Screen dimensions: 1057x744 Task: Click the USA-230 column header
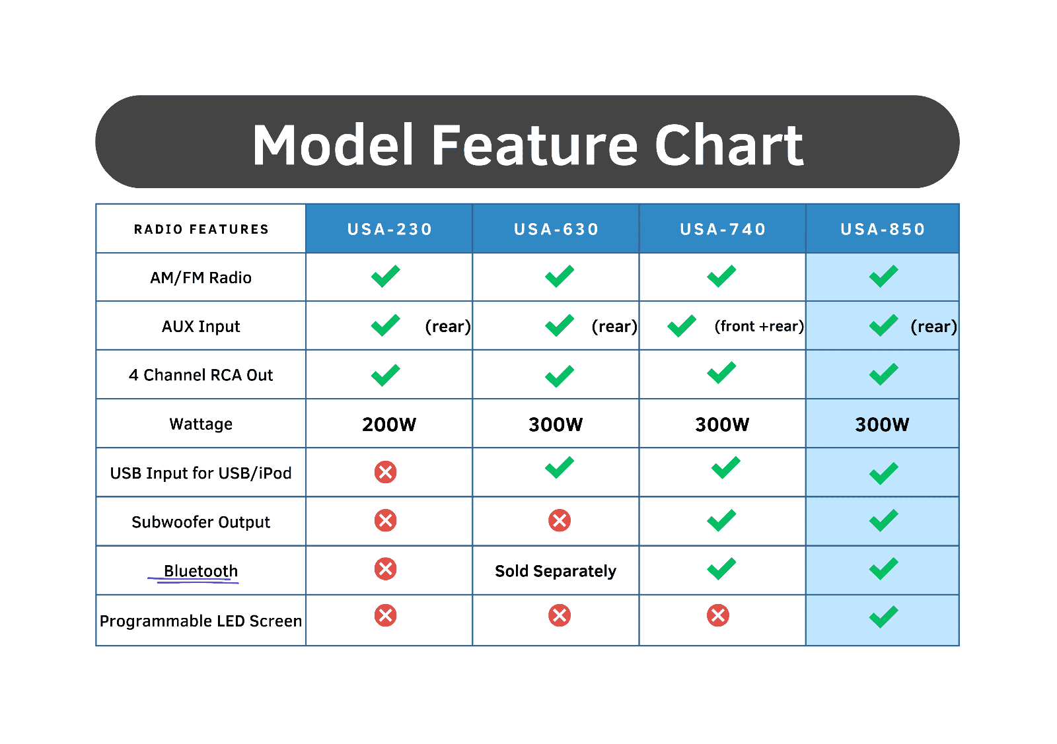tap(389, 229)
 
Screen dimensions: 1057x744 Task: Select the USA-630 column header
tap(556, 229)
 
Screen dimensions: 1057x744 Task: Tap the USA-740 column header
tap(723, 229)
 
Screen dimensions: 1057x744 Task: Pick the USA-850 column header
tap(883, 229)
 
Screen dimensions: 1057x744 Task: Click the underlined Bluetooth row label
tap(201, 571)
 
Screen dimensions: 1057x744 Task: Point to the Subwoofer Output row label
tap(201, 522)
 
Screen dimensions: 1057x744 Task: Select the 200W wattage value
tap(389, 424)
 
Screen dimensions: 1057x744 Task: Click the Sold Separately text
tap(556, 571)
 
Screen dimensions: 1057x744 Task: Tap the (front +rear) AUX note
tap(759, 326)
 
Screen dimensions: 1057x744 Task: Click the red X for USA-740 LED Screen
tap(717, 615)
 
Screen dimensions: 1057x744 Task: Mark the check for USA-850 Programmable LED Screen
tap(883, 617)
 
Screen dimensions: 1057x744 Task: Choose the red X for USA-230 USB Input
tap(386, 472)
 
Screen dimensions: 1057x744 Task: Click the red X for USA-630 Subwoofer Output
tap(559, 520)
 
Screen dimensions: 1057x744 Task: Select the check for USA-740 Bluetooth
tap(721, 568)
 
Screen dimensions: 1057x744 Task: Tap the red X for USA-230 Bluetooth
tap(386, 568)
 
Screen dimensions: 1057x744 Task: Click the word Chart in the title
tap(729, 145)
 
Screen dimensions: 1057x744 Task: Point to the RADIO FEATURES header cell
tap(201, 229)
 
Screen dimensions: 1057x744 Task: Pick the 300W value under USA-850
tap(882, 424)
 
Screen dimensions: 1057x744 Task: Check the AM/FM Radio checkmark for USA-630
tap(559, 277)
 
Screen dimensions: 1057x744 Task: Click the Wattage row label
tap(201, 424)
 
